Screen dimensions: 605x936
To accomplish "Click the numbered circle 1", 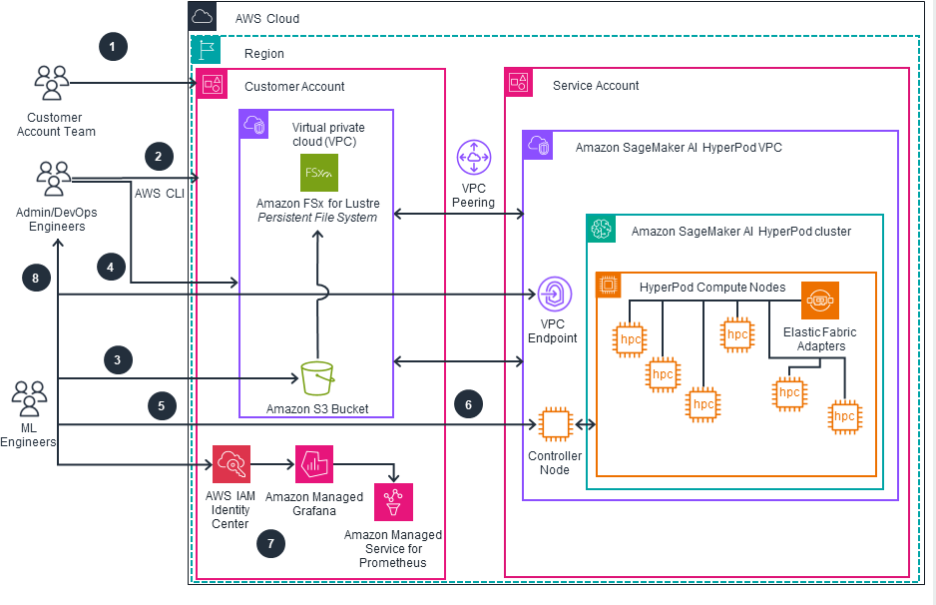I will [x=113, y=46].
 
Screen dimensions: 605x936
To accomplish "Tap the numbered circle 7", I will [x=269, y=543].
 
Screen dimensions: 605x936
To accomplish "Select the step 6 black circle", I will [x=468, y=404].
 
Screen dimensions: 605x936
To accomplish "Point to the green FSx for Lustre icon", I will [x=319, y=173].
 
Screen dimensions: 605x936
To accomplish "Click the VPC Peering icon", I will [x=473, y=159].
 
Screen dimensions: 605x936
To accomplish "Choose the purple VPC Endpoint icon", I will [x=554, y=296].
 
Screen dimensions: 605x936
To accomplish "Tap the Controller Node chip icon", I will [x=554, y=424].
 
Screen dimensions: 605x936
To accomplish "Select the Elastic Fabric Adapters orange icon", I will [x=819, y=301].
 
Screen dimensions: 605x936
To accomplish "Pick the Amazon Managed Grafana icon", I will [x=312, y=464].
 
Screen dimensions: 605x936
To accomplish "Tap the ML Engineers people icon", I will [x=30, y=399].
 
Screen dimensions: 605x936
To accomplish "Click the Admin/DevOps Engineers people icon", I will [x=53, y=180].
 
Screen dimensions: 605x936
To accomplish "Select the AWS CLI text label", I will [x=160, y=193].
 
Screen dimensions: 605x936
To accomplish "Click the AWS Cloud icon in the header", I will [x=202, y=17].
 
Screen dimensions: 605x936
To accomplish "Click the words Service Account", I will [x=596, y=86].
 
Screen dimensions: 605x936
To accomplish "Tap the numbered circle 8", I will [x=36, y=280].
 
